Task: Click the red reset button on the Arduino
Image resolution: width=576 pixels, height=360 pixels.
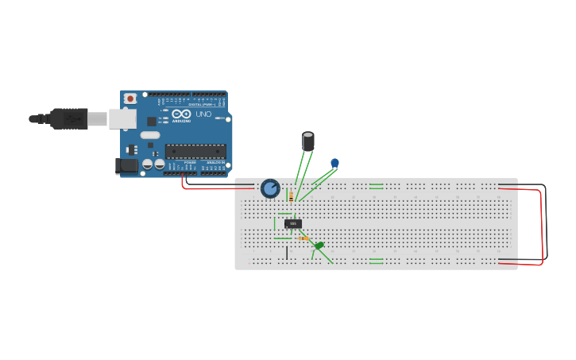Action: (130, 99)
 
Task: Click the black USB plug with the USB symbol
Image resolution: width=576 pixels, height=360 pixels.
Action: (68, 118)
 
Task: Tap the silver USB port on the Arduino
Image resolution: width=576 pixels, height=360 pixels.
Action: (121, 118)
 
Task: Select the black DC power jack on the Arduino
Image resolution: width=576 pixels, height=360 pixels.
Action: (126, 166)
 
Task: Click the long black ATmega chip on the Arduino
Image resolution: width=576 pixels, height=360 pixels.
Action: (195, 151)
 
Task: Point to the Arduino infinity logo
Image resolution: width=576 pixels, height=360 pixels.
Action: (181, 114)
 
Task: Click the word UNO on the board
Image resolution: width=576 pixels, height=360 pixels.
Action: (203, 114)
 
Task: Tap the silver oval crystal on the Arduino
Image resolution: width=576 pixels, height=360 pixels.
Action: (150, 135)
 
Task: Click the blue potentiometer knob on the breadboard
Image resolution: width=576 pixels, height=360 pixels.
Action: (270, 188)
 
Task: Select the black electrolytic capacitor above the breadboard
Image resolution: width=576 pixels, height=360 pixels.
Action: (308, 141)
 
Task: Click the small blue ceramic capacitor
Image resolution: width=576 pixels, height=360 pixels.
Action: (334, 163)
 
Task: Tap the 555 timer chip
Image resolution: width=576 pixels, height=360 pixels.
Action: (293, 223)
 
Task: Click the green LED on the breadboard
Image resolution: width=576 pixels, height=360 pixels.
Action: (319, 246)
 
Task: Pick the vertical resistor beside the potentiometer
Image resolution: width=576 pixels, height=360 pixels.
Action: (291, 196)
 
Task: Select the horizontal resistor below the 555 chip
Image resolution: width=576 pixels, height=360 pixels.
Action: (303, 238)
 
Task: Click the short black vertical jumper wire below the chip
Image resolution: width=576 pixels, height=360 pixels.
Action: (287, 253)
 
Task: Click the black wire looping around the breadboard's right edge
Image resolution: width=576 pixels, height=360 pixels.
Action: (545, 223)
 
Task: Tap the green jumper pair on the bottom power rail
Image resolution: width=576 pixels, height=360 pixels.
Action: (376, 261)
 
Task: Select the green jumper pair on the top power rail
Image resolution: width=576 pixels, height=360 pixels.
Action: (376, 186)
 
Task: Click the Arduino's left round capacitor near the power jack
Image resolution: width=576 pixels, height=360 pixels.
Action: (147, 164)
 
